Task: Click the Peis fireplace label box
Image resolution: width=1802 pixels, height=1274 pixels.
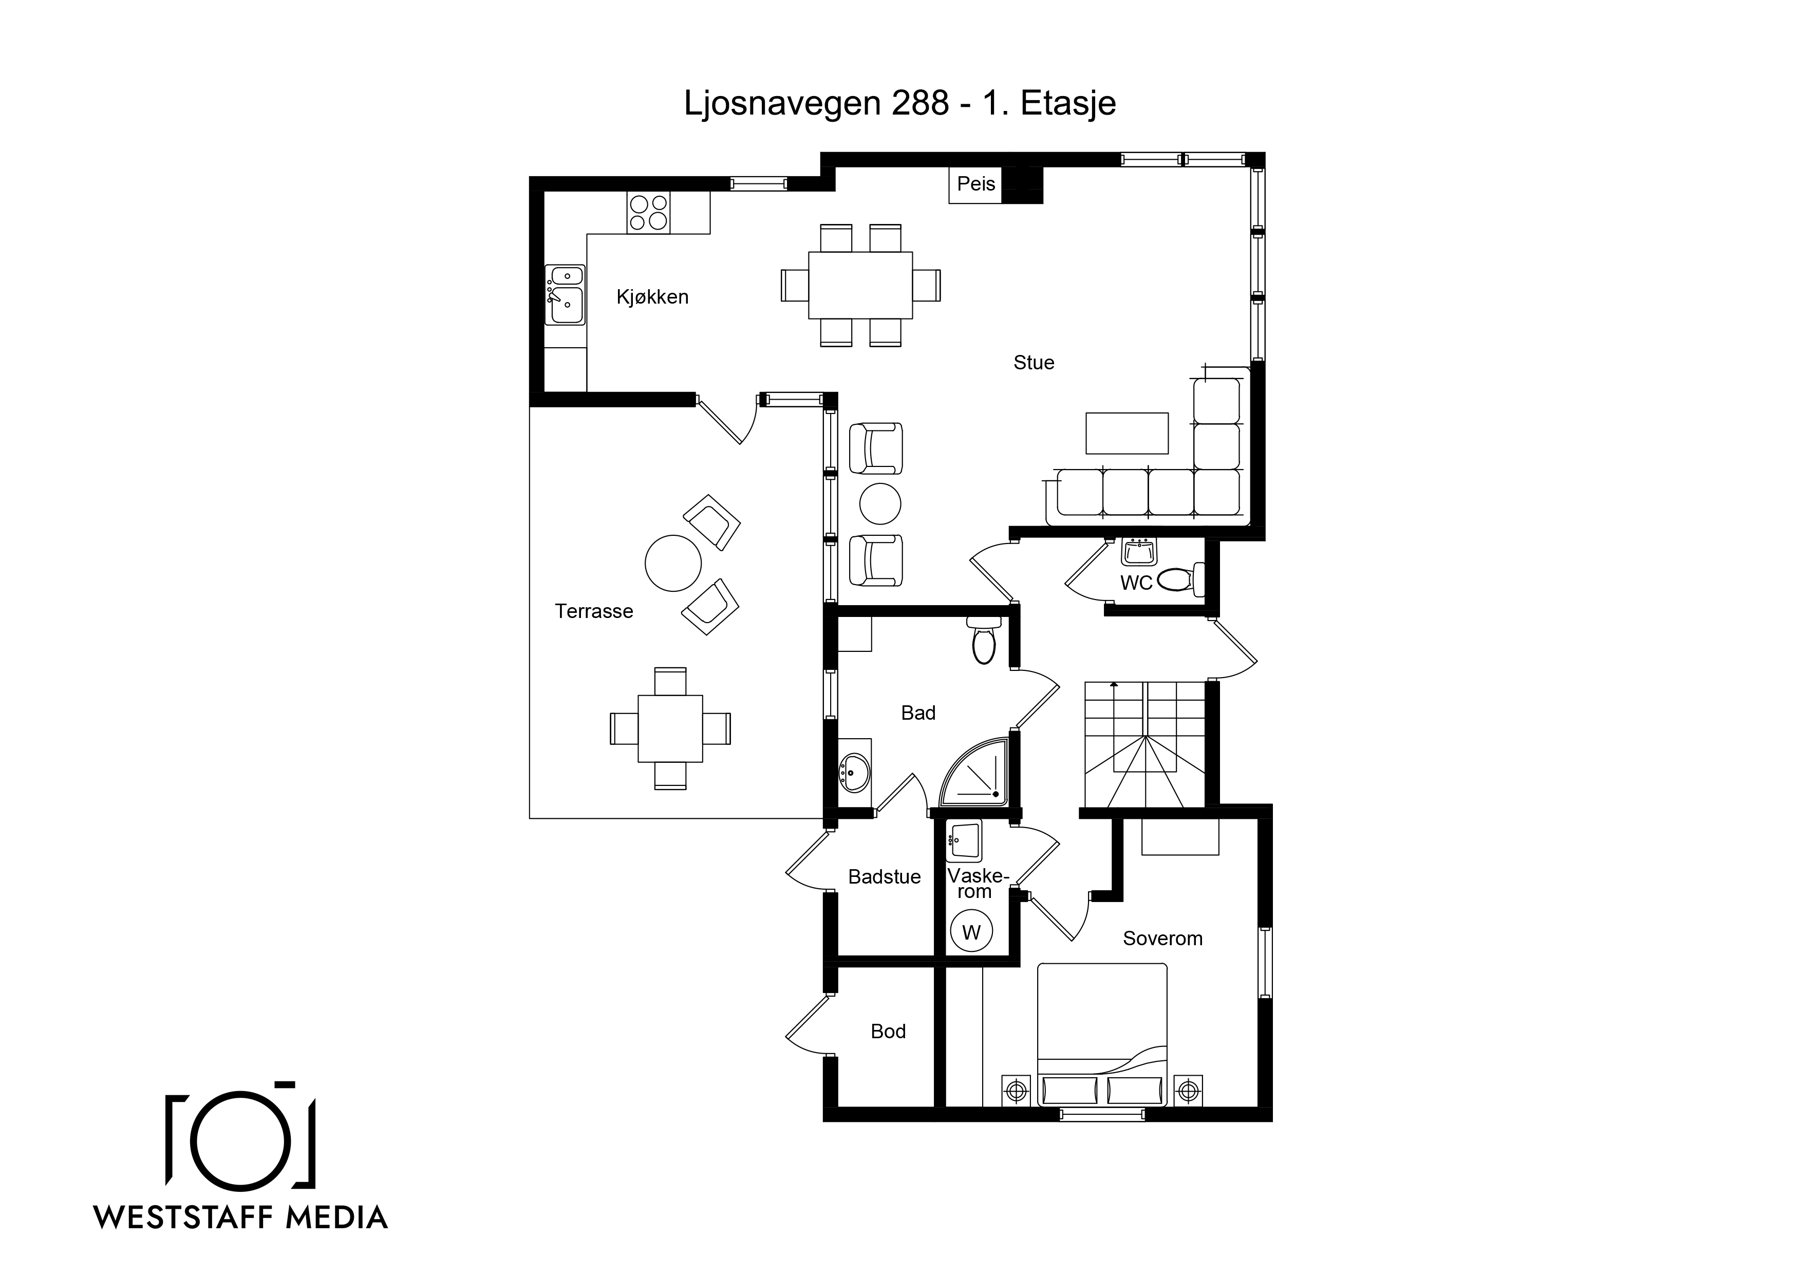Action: (x=975, y=185)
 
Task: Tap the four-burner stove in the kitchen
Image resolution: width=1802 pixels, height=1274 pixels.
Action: (x=648, y=213)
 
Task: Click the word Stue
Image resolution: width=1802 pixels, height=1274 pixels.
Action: (x=1034, y=363)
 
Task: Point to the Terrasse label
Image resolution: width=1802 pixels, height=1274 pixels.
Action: (x=594, y=611)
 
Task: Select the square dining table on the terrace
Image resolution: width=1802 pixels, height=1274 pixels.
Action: (x=670, y=728)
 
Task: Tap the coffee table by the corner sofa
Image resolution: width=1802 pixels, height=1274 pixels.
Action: (x=1127, y=433)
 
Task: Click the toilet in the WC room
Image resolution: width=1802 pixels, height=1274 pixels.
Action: (x=1181, y=579)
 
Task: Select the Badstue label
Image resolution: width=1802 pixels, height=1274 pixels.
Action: (x=885, y=877)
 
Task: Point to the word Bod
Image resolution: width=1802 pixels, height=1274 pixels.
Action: (x=889, y=1032)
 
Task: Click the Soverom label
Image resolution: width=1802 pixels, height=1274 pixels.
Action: (x=1162, y=939)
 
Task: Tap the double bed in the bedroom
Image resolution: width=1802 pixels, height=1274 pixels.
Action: (x=1102, y=1035)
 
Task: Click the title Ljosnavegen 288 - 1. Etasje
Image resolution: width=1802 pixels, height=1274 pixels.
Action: (x=900, y=103)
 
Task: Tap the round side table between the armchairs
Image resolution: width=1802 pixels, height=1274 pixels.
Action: (x=880, y=504)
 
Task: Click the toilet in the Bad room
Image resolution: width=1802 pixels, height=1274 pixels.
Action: (x=983, y=640)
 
